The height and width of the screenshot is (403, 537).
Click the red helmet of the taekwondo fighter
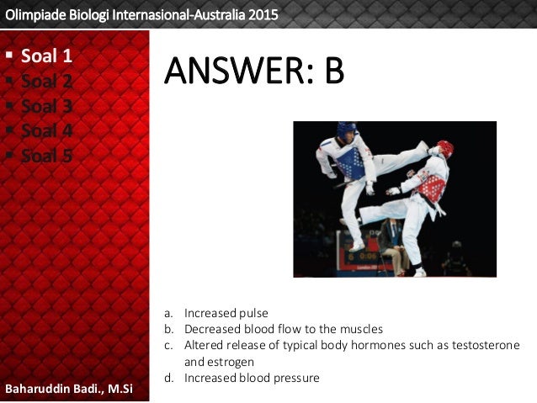tap(444, 148)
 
